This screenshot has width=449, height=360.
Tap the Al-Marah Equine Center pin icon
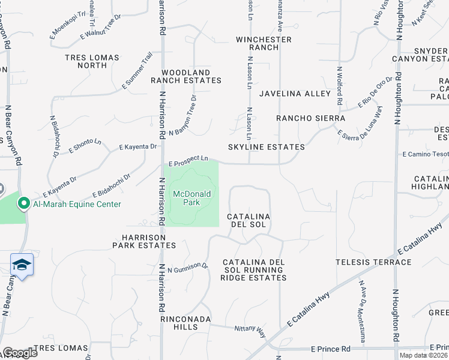[23, 204]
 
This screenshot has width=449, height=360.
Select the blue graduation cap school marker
[21, 265]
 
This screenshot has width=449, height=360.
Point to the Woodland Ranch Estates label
[185, 76]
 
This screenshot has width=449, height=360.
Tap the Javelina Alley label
[295, 94]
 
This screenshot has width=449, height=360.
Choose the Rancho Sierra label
[310, 118]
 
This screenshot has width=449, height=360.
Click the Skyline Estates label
[266, 147]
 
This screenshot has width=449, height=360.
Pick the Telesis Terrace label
[373, 262]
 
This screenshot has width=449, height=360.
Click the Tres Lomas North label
[92, 62]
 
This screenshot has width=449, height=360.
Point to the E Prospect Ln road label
[188, 161]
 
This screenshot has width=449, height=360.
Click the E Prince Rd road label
[331, 349]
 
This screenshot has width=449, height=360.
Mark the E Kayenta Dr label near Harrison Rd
[138, 146]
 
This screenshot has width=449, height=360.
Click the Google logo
[20, 352]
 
